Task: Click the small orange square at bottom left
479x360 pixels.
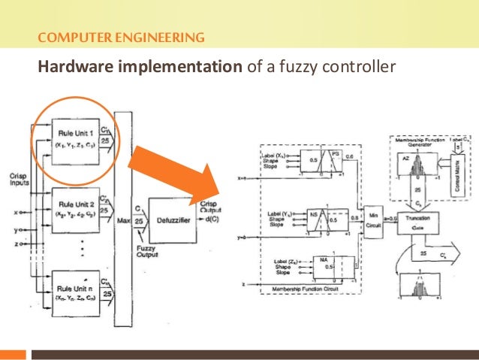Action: click(x=14, y=353)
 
